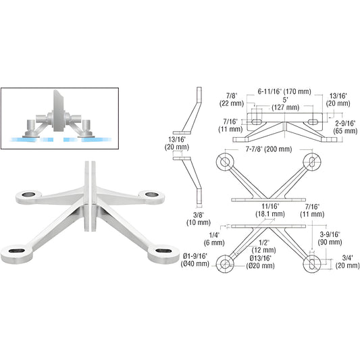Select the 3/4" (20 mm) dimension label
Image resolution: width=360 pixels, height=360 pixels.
344,260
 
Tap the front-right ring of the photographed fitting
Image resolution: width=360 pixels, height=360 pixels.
162,254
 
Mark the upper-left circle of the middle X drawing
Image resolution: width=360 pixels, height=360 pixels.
222,162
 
